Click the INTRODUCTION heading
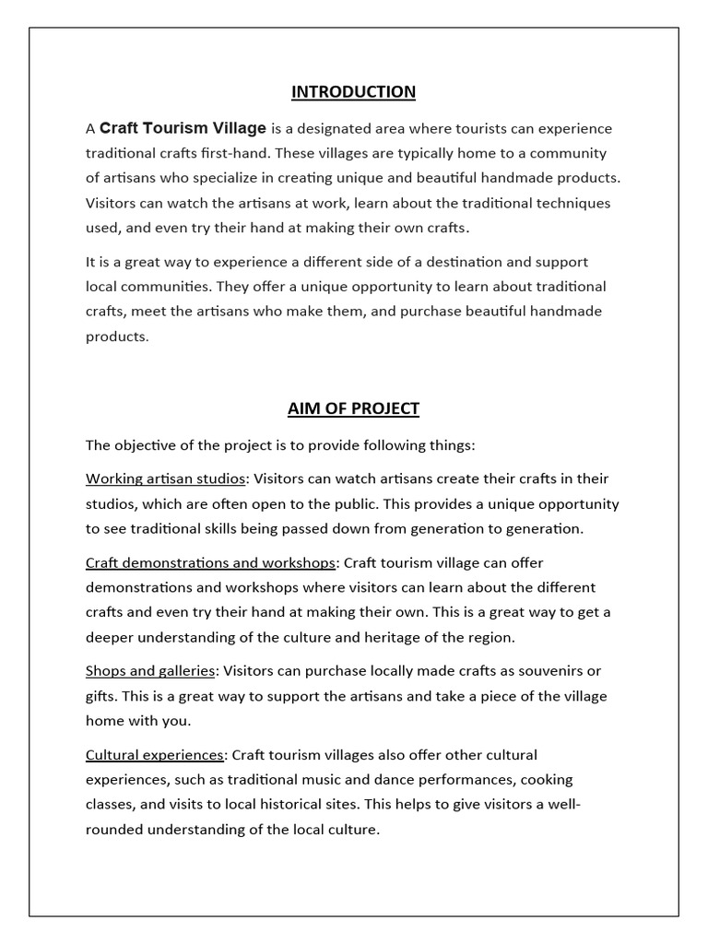pos(353,91)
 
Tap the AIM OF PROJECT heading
pos(353,407)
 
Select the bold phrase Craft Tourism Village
pos(183,128)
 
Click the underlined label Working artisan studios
pos(166,478)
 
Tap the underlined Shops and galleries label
pos(150,670)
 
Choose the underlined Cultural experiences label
pos(155,755)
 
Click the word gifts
pos(101,696)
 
